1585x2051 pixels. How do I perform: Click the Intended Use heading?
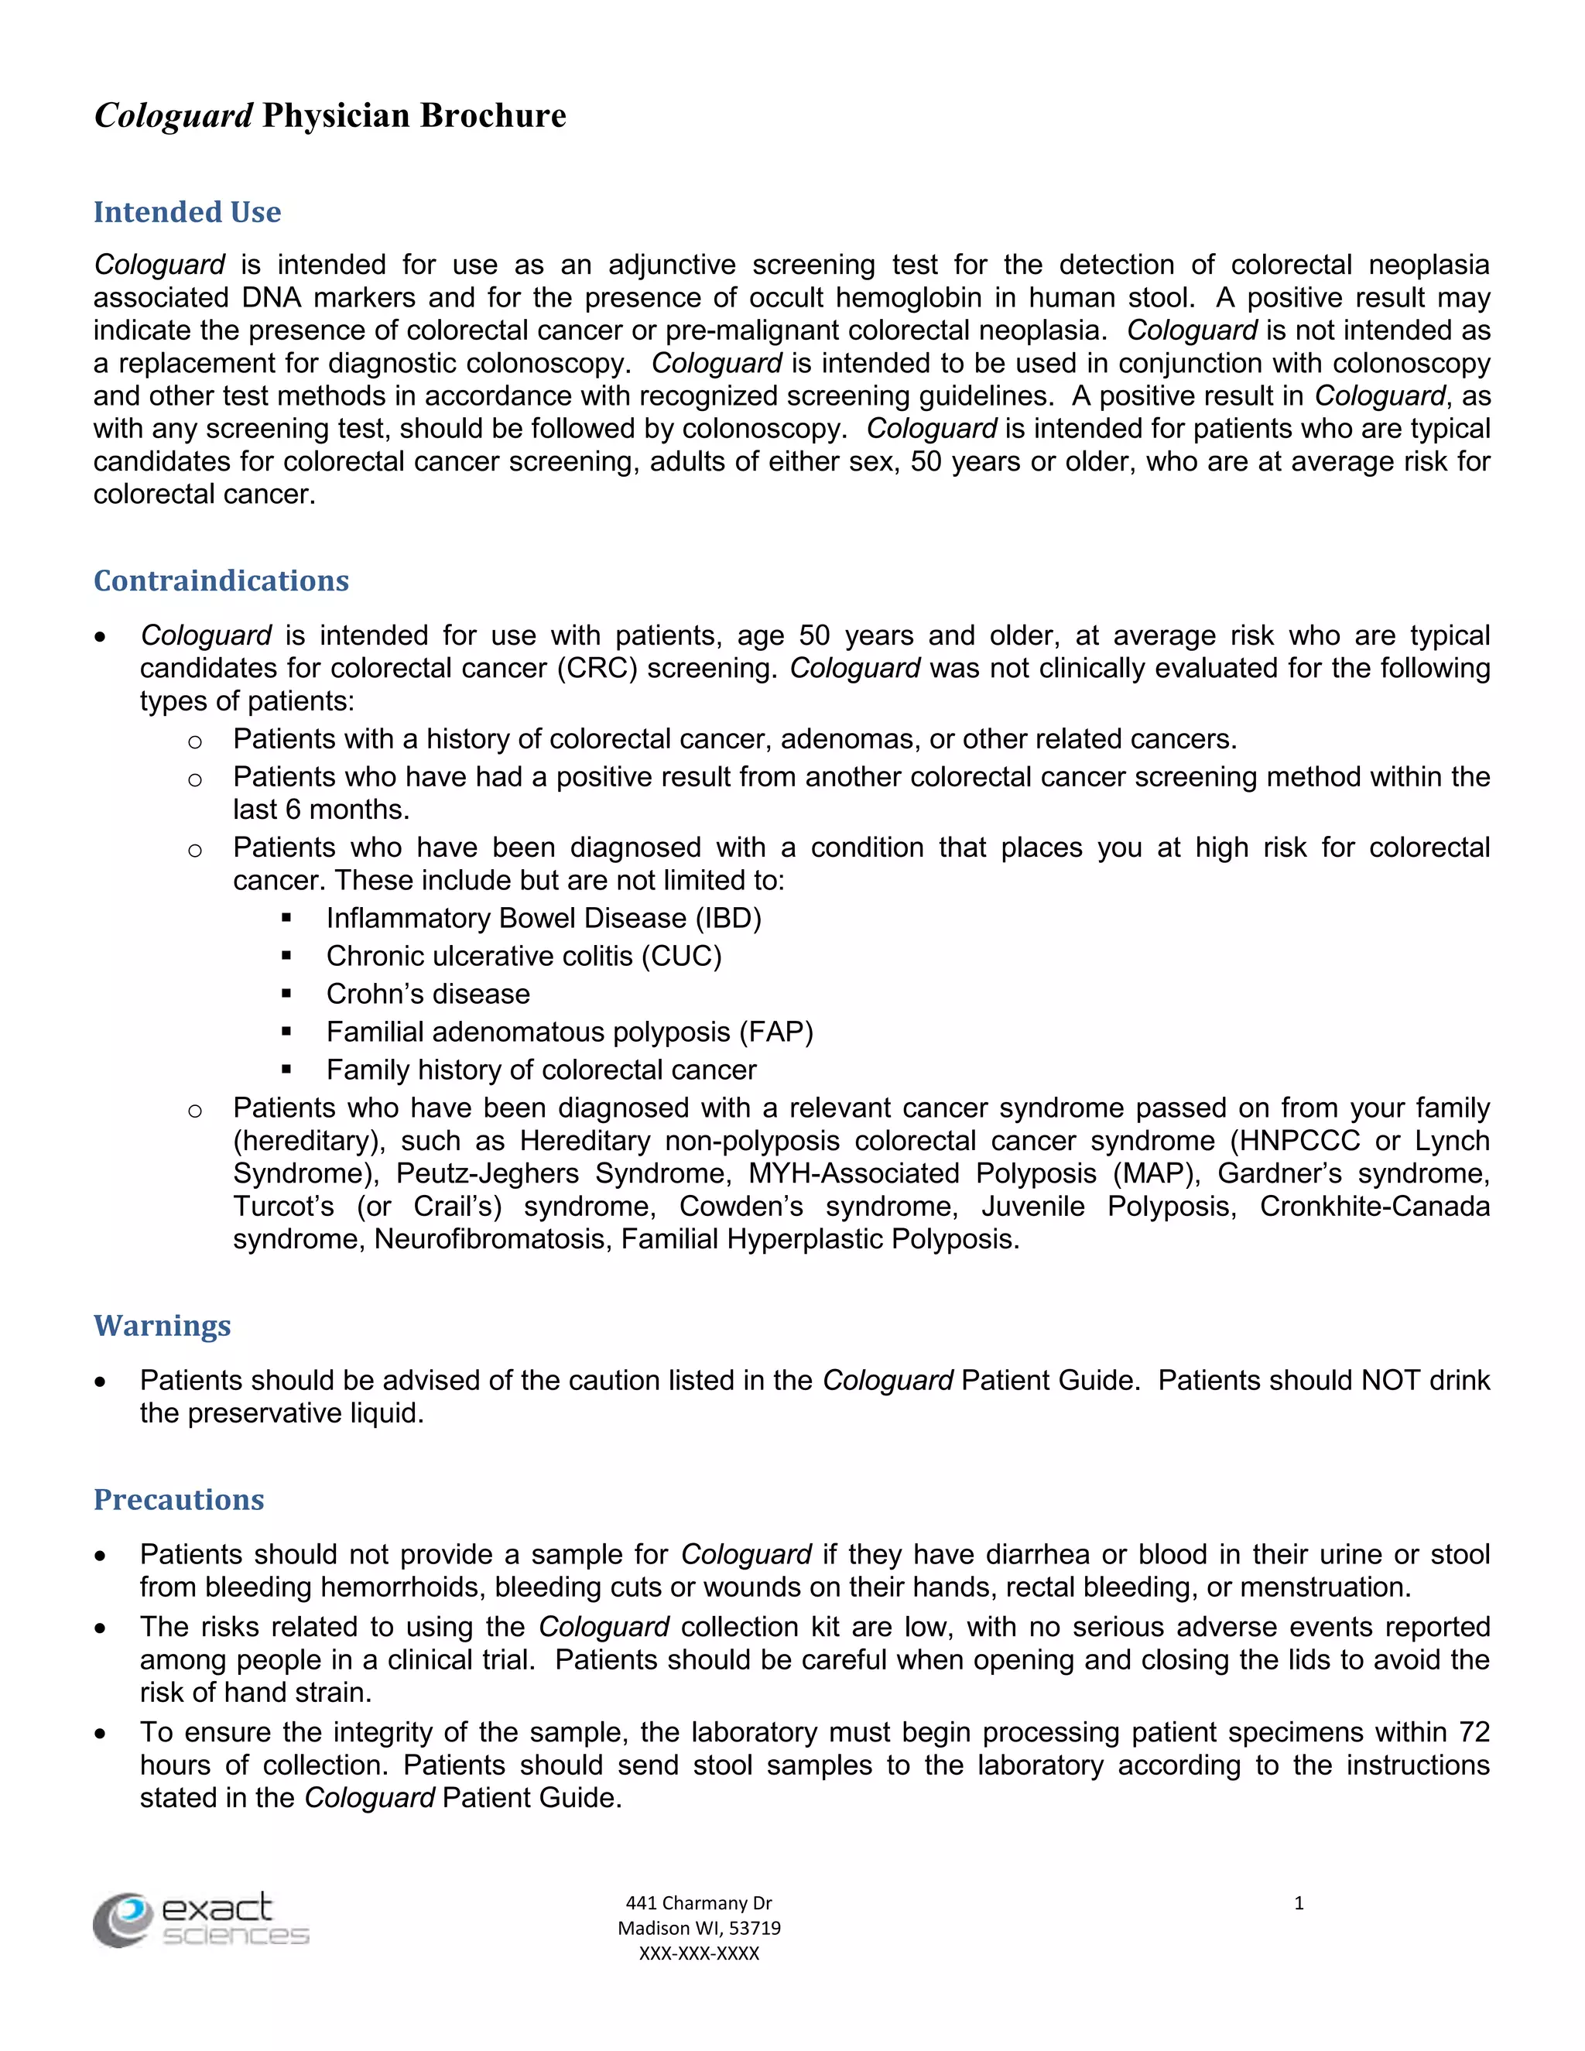[187, 212]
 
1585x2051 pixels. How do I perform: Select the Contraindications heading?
[221, 580]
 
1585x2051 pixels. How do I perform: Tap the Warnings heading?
[162, 1325]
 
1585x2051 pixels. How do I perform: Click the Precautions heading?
[179, 1499]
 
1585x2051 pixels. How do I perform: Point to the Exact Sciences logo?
[201, 1919]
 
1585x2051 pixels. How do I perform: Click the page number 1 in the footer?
[1299, 1902]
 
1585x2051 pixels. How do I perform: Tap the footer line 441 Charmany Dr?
[699, 1902]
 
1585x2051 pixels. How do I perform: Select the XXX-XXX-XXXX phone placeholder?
[699, 1953]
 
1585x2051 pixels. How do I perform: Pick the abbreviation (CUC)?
[682, 956]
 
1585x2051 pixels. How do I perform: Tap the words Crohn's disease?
[428, 994]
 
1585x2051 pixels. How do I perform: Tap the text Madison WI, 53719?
[699, 1928]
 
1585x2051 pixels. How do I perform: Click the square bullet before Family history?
[286, 1069]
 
